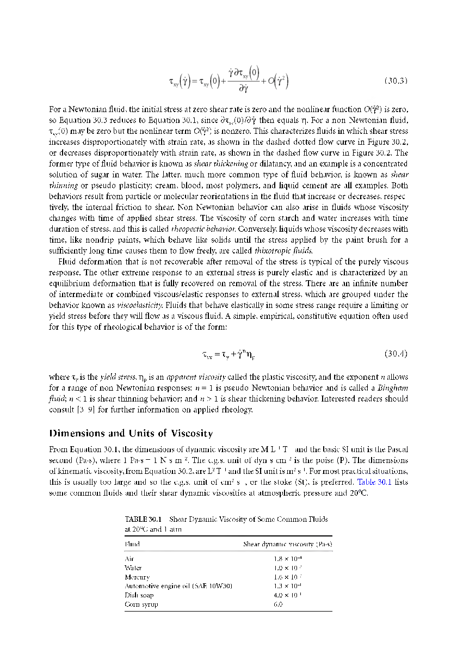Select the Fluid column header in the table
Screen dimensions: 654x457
pos(132,544)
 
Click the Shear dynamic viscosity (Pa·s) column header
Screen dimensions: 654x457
pos(288,544)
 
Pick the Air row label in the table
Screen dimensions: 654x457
pos(129,559)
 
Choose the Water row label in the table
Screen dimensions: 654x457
pos(133,567)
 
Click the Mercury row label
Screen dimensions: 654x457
pos(137,577)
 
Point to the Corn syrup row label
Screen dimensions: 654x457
pos(140,604)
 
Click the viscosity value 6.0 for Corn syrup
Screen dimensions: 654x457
pos(277,604)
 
